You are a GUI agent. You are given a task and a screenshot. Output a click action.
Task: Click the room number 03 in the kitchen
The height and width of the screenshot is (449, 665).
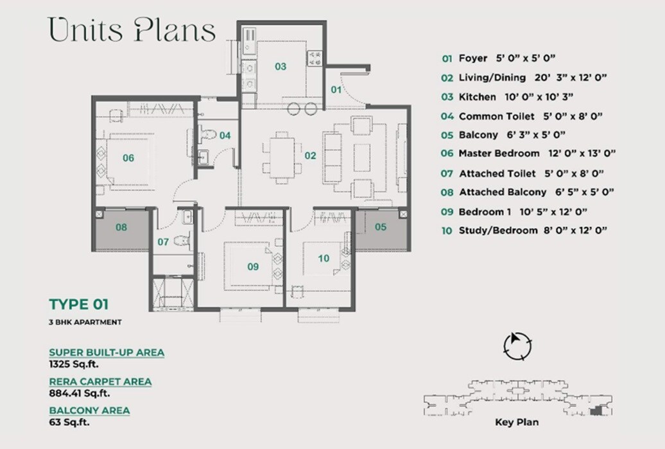coord(281,66)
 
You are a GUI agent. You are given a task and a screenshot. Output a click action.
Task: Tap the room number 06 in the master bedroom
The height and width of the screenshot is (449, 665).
coord(128,158)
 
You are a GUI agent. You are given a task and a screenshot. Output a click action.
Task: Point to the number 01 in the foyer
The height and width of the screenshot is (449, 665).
coord(336,90)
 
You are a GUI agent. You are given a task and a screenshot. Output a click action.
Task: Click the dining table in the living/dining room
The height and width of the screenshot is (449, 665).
coord(279,157)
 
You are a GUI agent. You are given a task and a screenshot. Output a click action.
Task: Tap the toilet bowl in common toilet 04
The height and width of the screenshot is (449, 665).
coord(208,134)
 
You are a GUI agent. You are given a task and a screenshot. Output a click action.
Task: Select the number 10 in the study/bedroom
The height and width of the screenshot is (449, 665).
coord(324,258)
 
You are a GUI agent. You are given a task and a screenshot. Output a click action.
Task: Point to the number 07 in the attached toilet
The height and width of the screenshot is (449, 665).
coord(163,242)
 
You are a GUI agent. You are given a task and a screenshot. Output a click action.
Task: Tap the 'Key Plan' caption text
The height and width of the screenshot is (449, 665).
coord(517,422)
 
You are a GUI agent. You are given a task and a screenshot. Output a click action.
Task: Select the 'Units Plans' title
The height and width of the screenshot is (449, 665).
coord(132,31)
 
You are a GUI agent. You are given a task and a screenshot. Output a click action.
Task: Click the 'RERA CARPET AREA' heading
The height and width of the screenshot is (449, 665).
coord(100,382)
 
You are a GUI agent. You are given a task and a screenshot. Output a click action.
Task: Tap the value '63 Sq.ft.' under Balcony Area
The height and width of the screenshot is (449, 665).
coord(69,422)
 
